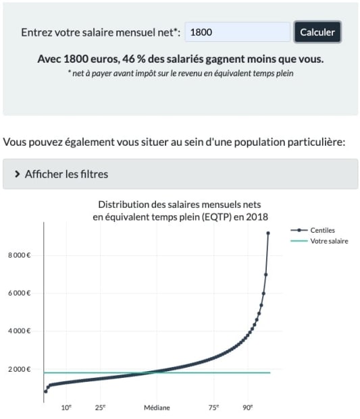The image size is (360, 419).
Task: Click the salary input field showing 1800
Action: click(237, 32)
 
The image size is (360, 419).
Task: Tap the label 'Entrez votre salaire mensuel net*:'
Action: click(101, 32)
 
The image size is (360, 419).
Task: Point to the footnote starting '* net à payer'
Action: click(180, 73)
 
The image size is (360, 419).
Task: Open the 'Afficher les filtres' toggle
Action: click(66, 174)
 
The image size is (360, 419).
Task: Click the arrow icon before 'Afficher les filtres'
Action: click(17, 174)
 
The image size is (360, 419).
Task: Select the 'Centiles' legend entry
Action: click(322, 230)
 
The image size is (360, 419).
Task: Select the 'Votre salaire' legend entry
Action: click(329, 241)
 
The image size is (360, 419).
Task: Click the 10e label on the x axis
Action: click(67, 408)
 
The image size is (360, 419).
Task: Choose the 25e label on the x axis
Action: click(100, 408)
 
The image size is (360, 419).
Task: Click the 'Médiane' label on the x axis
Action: click(157, 408)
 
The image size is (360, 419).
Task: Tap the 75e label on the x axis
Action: click(213, 408)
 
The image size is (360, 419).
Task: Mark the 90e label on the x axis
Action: click(248, 408)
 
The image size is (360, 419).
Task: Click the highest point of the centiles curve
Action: click(268, 233)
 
